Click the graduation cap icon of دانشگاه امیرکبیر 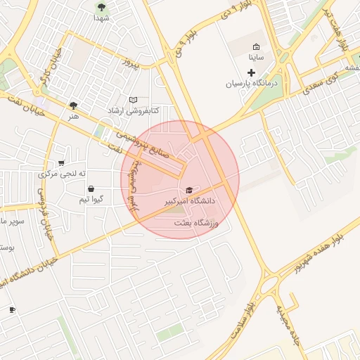click(x=188, y=191)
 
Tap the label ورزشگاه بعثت click(x=197, y=223)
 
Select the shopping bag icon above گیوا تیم click(x=91, y=189)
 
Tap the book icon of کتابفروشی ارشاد click(x=133, y=101)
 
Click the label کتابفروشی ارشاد click(x=133, y=111)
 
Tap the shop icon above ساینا click(x=256, y=47)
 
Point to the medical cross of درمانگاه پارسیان click(x=251, y=72)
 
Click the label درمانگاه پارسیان click(x=252, y=83)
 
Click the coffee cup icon click(x=12, y=310)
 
